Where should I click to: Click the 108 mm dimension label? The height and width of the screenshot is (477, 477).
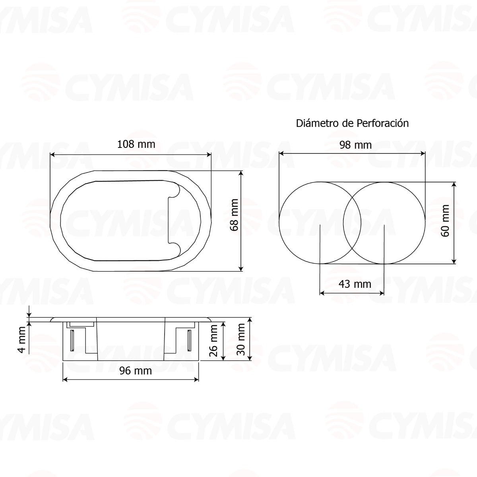136,144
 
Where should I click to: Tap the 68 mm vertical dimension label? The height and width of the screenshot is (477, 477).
234,215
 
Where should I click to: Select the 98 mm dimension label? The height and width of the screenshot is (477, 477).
356,145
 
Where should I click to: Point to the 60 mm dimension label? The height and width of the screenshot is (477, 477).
445,221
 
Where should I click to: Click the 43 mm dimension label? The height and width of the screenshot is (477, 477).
355,284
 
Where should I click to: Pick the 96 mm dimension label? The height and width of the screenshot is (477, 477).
136,370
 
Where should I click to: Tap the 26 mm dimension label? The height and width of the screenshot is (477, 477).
213,340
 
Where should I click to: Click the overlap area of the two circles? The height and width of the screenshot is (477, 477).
352,223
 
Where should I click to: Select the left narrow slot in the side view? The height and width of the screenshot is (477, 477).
72,340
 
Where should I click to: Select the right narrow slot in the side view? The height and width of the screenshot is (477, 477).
189,340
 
